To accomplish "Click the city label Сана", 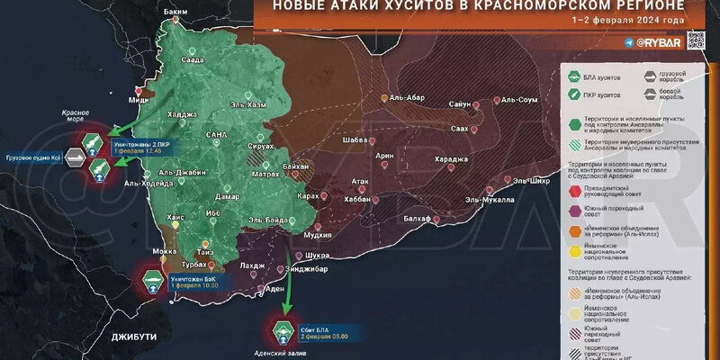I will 216,134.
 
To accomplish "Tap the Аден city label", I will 276,290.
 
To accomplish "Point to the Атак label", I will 361,181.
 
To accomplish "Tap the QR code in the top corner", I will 695,40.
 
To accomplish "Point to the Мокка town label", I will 165,251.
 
